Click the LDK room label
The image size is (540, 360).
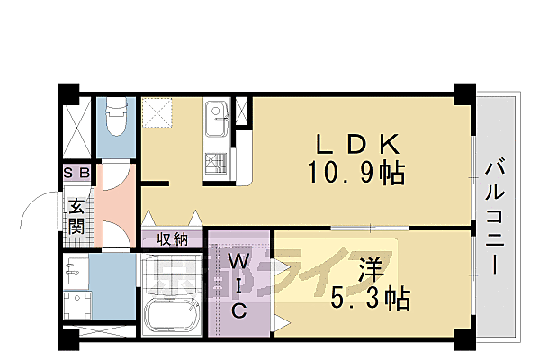[x=358, y=144]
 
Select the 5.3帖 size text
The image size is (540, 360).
[x=371, y=298]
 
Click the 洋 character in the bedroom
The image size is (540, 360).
[x=371, y=270]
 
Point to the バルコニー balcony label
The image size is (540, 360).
[x=495, y=216]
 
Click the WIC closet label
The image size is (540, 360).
[x=238, y=286]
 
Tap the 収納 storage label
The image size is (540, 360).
[x=172, y=239]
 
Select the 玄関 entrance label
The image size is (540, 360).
[x=76, y=217]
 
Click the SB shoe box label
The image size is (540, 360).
[x=76, y=172]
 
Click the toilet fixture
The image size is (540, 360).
[x=116, y=117]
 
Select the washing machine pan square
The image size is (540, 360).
[x=77, y=305]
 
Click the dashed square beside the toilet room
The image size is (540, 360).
[x=157, y=113]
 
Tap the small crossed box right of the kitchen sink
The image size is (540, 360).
[x=241, y=112]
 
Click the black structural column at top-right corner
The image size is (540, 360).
[x=464, y=94]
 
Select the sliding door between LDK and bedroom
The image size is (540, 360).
[x=370, y=228]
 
